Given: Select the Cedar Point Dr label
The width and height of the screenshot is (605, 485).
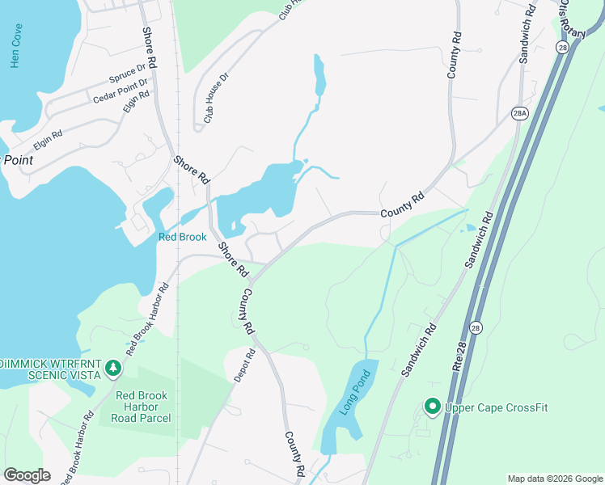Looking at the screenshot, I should point(121,91).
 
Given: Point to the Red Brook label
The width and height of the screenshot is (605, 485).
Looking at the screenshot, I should point(182,237).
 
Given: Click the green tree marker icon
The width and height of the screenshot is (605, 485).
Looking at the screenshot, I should point(113,369).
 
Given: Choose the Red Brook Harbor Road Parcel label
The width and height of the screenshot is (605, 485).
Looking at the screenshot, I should point(143,407).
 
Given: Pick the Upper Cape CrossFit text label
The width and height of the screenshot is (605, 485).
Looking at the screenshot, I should point(496,407).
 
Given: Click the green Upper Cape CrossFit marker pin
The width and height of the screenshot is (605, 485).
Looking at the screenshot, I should point(432,407).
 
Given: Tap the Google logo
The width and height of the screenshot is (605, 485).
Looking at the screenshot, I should point(27,475).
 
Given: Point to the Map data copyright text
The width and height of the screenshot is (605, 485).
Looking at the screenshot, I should point(555,479).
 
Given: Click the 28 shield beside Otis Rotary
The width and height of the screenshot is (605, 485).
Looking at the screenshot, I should point(562,48).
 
